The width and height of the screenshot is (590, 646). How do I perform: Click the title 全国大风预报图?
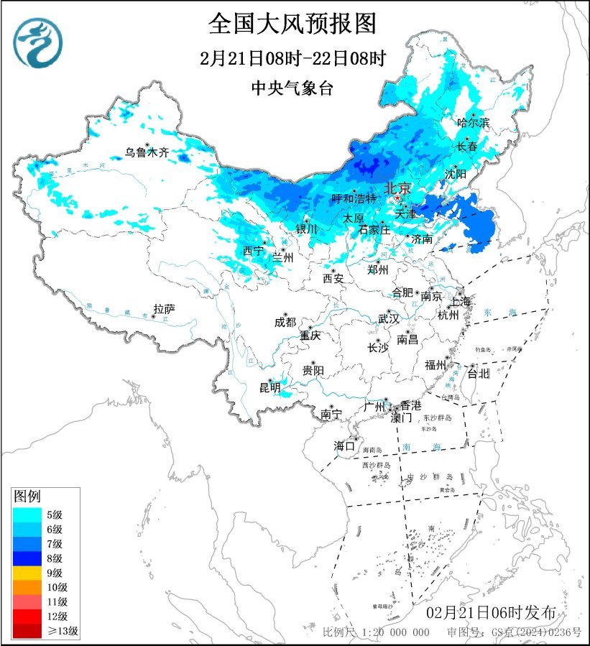click(292, 24)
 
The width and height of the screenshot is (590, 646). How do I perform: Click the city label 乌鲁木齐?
click(147, 152)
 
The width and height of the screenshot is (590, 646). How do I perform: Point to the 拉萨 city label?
click(164, 310)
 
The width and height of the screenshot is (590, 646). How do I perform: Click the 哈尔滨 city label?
click(473, 123)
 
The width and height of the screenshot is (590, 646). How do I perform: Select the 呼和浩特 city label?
click(354, 198)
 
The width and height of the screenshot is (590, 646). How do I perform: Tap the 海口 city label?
click(344, 446)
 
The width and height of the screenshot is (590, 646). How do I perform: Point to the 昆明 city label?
click(269, 389)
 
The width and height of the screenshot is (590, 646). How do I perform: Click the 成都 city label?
click(285, 323)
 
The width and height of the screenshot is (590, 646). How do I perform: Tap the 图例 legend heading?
click(28, 496)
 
